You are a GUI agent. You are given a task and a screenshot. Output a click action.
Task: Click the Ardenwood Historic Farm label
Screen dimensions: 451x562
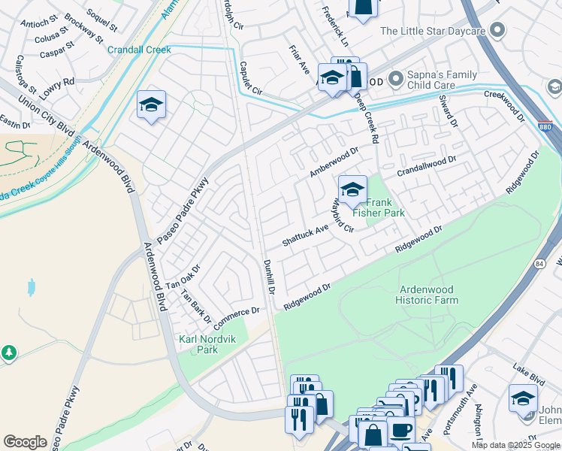428,294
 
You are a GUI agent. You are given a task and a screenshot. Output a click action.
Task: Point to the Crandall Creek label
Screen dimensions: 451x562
139,50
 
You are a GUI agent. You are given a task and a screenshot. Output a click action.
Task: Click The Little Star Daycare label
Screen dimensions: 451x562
432,31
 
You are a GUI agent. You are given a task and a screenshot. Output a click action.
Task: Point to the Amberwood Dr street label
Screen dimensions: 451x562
335,162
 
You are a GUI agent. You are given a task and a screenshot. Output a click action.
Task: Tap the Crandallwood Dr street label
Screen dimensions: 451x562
427,165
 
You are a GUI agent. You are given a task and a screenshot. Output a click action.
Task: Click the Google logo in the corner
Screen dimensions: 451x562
26,441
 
